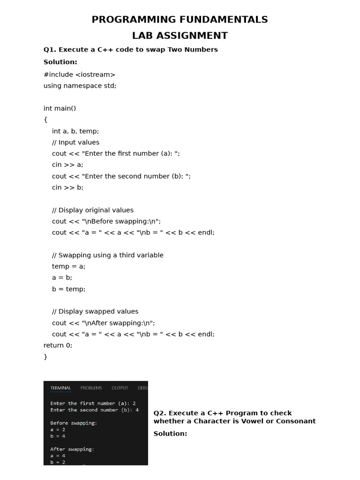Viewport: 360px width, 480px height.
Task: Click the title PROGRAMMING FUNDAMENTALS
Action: [x=180, y=20]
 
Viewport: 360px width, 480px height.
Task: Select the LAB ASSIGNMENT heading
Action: [x=180, y=36]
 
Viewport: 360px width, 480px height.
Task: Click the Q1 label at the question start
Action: [x=49, y=50]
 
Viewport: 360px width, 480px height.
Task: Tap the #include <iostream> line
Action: [x=79, y=75]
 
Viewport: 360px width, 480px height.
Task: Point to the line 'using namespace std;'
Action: [x=80, y=86]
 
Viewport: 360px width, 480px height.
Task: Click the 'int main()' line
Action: [x=60, y=108]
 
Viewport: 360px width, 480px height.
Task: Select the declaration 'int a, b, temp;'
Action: [x=75, y=131]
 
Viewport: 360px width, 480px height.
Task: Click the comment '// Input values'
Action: [x=75, y=142]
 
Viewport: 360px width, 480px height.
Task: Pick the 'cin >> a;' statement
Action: [x=67, y=165]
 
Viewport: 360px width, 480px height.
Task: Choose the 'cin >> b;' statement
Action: [x=67, y=187]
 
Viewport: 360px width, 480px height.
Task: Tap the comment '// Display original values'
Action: [x=93, y=210]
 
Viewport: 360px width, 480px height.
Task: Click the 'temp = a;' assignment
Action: [x=69, y=266]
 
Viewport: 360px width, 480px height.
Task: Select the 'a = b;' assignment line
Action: [x=62, y=277]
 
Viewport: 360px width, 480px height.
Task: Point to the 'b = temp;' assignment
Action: [x=69, y=289]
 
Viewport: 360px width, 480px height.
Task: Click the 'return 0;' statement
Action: [x=58, y=345]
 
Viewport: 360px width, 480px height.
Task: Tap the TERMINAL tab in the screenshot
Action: [x=60, y=388]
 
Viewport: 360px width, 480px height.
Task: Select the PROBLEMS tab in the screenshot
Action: [x=91, y=388]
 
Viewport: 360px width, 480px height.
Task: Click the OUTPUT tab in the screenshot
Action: [x=120, y=388]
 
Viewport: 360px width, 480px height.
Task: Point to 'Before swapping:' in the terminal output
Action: [x=74, y=423]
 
